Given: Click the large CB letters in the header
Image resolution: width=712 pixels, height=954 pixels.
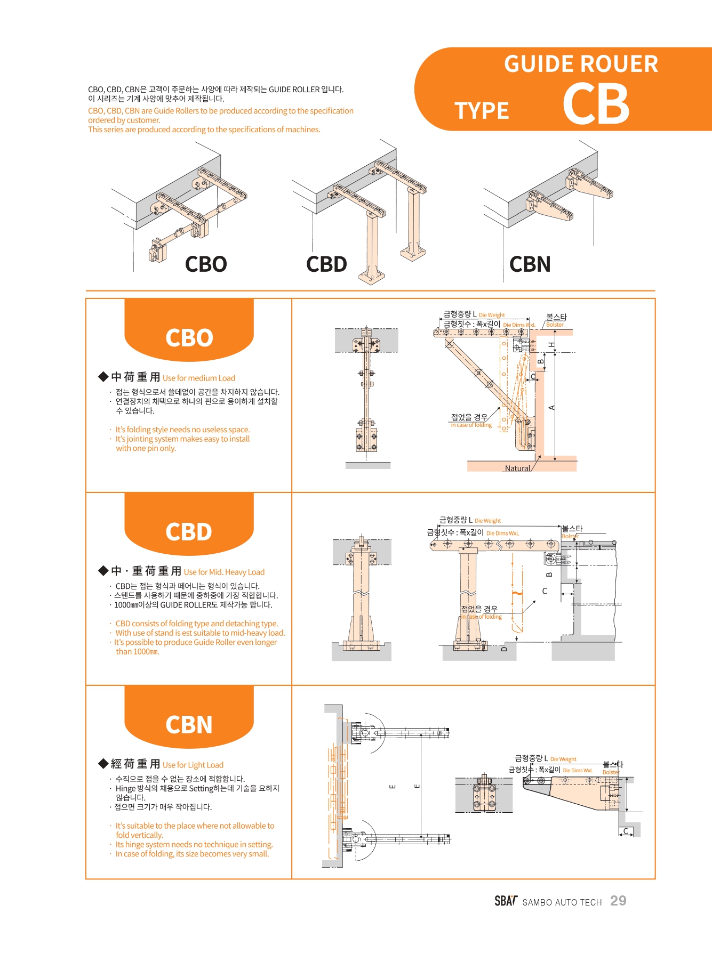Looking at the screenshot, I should (596, 104).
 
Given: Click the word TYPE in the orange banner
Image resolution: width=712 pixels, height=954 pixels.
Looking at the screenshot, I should (482, 111).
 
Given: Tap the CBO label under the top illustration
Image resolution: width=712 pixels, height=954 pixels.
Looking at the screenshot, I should (206, 264).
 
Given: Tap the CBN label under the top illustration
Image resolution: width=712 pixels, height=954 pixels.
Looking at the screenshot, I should (530, 264).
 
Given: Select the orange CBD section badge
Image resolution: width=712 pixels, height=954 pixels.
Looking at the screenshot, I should (189, 531).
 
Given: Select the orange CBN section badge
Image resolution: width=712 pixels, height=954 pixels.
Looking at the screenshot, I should (189, 724).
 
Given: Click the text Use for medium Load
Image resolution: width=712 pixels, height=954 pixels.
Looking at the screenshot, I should (199, 378).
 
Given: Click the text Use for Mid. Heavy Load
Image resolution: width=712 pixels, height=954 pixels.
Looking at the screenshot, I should (224, 572).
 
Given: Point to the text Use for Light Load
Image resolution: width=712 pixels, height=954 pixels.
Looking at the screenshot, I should (193, 765).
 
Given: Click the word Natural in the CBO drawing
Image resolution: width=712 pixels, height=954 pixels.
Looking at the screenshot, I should (517, 468).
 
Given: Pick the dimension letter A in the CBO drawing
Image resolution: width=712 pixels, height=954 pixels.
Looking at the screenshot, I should (551, 408).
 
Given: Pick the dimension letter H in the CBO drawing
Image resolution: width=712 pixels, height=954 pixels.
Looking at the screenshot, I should (551, 345).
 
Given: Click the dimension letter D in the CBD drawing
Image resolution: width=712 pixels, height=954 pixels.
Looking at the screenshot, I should (504, 649).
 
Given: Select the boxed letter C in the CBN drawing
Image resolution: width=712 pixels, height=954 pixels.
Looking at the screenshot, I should (626, 831).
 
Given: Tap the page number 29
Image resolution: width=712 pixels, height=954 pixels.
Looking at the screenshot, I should (618, 901).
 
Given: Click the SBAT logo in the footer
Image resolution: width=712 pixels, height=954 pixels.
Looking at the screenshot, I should (506, 901).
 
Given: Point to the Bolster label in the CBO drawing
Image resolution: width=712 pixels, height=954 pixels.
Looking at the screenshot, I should (555, 325).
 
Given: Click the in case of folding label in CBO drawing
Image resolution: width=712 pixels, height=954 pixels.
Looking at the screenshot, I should (471, 425).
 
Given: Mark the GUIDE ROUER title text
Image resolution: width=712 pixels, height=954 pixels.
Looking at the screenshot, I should (581, 64).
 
